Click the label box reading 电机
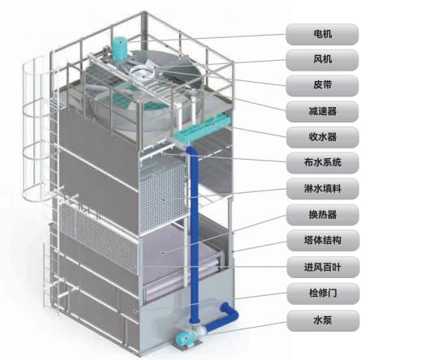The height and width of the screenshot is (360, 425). pyautogui.click(x=322, y=34)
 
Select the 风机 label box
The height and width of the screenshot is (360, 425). pyautogui.click(x=322, y=60)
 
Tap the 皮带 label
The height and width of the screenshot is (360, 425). pyautogui.click(x=322, y=86)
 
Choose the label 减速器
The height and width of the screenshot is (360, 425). pyautogui.click(x=322, y=111)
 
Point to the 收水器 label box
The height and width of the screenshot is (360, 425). pyautogui.click(x=323, y=137)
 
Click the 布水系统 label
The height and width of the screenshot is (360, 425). pyautogui.click(x=323, y=163)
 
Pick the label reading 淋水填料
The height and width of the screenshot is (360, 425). pyautogui.click(x=323, y=189)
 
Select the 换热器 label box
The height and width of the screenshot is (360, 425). pyautogui.click(x=323, y=215)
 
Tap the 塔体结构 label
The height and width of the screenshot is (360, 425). pyautogui.click(x=323, y=241)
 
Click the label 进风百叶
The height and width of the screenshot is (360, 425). pyautogui.click(x=323, y=267)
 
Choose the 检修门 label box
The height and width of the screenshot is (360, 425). pyautogui.click(x=323, y=294)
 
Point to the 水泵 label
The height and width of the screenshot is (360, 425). pyautogui.click(x=323, y=320)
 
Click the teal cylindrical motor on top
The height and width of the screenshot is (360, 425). pyautogui.click(x=119, y=49)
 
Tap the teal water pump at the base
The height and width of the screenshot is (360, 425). pyautogui.click(x=186, y=339)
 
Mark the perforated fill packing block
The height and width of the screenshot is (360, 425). pyautogui.click(x=164, y=195)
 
